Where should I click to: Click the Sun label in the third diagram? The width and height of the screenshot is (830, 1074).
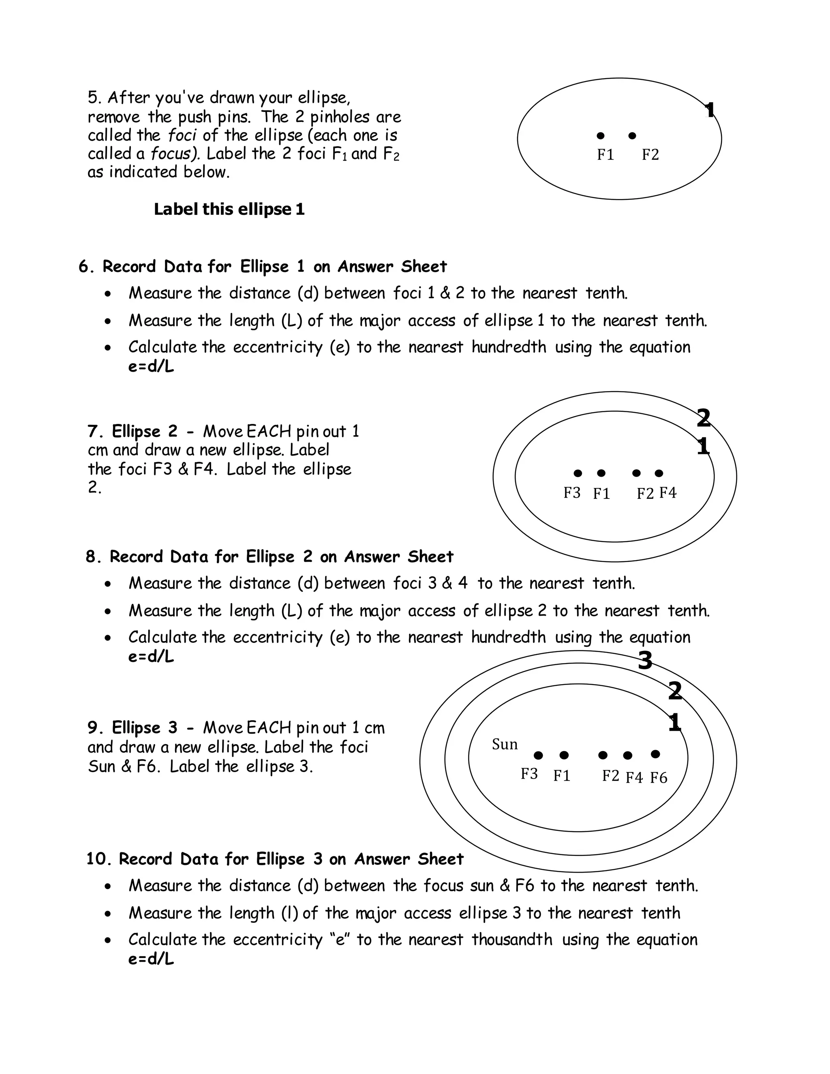505,745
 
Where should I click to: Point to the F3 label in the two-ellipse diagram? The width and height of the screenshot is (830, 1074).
572,492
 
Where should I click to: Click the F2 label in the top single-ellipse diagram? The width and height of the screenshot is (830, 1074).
650,155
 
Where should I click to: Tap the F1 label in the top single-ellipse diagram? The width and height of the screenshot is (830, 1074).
605,155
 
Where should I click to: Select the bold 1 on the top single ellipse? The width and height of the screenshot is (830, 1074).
709,110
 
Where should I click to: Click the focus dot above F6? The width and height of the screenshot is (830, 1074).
655,753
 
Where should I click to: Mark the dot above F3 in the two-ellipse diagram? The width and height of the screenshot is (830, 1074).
578,473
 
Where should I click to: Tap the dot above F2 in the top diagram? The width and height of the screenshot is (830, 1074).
632,136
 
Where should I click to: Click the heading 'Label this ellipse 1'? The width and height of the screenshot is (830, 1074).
229,210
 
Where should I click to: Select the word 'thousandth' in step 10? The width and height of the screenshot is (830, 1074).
512,939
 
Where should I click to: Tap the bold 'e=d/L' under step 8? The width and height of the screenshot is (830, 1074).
151,657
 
